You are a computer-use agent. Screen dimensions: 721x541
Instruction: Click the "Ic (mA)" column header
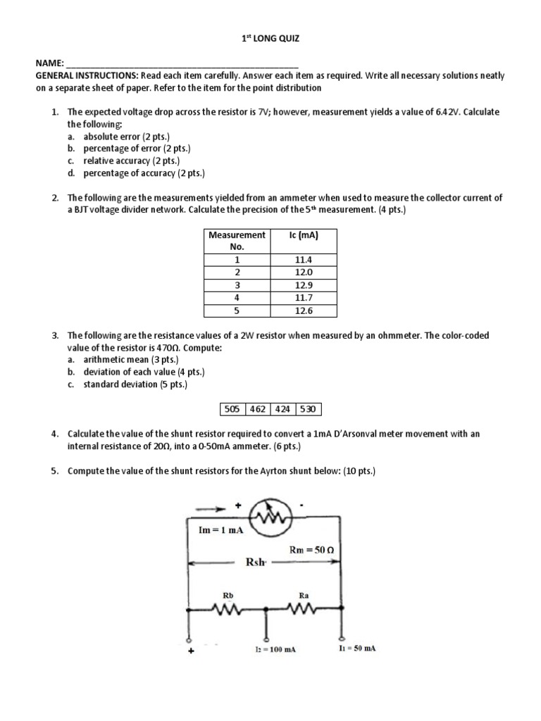[305, 235]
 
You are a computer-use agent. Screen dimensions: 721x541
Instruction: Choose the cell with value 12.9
[305, 285]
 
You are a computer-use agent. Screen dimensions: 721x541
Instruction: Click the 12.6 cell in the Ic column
[305, 311]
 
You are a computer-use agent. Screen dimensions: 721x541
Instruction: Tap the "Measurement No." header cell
[237, 241]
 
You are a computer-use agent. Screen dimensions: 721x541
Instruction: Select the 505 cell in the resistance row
[232, 409]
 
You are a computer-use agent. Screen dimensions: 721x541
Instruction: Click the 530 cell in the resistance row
[308, 409]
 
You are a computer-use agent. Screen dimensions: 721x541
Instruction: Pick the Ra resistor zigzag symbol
[304, 610]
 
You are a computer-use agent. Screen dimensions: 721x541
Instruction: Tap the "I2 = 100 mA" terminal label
[275, 649]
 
